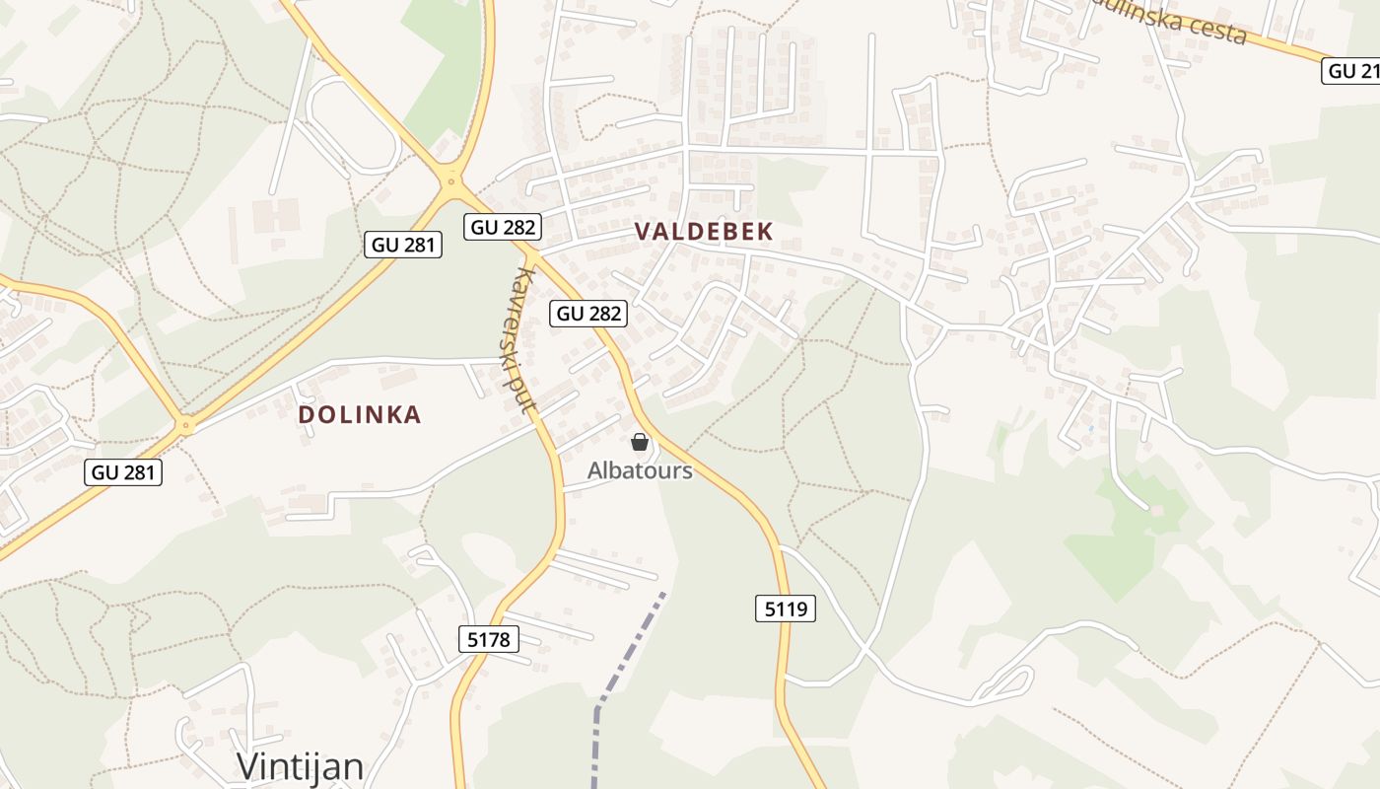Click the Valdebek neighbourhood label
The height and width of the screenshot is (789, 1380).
tap(703, 232)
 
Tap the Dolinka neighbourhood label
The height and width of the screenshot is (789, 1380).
tap(360, 415)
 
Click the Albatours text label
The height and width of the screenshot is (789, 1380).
tap(640, 470)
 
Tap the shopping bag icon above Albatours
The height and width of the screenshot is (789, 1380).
tap(640, 442)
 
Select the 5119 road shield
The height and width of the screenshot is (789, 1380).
tap(786, 609)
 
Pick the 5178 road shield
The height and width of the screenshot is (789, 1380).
tap(489, 639)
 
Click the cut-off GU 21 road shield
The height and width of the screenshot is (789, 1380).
tap(1350, 71)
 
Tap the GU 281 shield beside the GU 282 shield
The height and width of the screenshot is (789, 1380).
tap(403, 245)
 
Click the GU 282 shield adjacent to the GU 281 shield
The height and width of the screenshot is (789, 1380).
tap(504, 227)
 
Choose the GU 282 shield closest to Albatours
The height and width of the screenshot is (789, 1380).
tap(589, 314)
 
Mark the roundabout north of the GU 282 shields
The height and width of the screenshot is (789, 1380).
tap(452, 179)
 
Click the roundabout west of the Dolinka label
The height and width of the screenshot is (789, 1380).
tap(184, 426)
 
